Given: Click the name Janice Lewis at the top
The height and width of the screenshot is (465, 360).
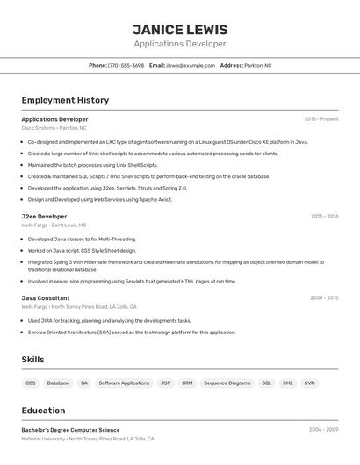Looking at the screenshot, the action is [x=180, y=29].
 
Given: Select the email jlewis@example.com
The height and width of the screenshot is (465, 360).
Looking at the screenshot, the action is [x=190, y=65].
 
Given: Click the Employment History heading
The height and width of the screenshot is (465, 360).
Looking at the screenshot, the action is [x=65, y=100].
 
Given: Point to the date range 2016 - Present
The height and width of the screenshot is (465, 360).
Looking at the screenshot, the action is [x=321, y=119].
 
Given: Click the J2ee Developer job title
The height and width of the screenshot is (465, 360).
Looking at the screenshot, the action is [x=44, y=216].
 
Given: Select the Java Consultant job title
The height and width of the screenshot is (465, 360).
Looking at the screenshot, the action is [x=46, y=297].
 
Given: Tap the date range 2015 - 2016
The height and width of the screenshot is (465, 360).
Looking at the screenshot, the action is [x=324, y=216].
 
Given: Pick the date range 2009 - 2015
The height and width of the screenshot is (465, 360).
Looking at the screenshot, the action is [x=324, y=297].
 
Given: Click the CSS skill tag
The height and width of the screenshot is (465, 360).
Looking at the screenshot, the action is [x=31, y=383].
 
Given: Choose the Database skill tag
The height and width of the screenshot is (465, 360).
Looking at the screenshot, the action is [x=58, y=383].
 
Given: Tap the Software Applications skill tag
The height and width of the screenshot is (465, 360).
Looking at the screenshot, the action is [x=124, y=383].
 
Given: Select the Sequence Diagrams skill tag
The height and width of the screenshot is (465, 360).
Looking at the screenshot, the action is [x=227, y=383].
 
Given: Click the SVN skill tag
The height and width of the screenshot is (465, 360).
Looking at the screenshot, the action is [x=309, y=383].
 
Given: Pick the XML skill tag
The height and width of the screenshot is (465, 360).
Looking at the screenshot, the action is [x=287, y=383].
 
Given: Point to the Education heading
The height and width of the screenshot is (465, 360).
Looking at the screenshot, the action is [x=43, y=411].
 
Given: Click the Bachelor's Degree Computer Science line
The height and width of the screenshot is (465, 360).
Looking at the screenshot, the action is [x=70, y=430].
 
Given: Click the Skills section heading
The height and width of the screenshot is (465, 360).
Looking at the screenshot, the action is [x=32, y=360].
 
